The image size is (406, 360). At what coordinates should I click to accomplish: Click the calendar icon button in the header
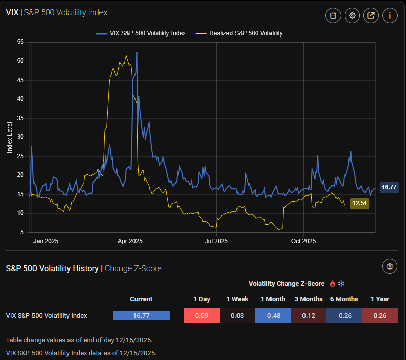333,15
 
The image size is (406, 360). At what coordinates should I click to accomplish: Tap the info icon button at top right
390,15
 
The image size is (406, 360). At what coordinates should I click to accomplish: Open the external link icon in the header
371,15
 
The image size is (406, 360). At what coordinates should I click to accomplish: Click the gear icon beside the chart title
352,15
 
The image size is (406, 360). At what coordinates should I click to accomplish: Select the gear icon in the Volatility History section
390,266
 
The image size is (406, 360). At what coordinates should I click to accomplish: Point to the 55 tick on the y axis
20,42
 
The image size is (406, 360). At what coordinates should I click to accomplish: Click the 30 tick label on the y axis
20,137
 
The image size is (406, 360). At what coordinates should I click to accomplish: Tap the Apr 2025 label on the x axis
130,241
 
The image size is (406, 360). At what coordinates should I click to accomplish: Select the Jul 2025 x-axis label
216,241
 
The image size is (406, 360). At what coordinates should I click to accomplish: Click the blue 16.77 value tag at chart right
389,187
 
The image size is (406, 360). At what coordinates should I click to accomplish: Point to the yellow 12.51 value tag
359,203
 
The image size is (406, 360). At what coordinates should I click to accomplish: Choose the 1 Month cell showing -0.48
273,315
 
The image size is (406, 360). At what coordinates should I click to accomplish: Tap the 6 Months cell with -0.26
344,315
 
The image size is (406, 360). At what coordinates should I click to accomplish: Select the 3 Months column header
308,299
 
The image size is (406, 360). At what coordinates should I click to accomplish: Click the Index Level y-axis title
9,137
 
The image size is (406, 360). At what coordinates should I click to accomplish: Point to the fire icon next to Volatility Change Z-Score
333,283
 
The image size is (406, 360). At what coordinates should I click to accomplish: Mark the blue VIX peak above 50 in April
137,53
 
